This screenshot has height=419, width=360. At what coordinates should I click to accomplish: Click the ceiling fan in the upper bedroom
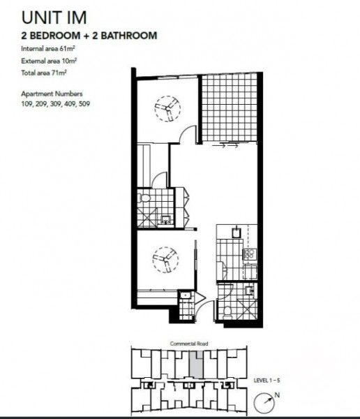click(x=167, y=108)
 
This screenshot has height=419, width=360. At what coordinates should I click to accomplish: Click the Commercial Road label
click(x=190, y=344)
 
